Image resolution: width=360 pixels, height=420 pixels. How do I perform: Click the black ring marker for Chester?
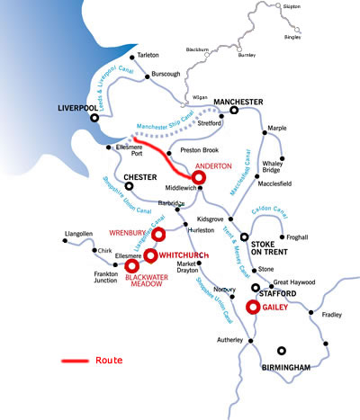129,186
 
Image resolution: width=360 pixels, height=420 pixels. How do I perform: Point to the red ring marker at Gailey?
253,307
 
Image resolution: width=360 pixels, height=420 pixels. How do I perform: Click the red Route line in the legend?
73,361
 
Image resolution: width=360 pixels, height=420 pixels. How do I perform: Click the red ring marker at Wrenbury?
158,236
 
